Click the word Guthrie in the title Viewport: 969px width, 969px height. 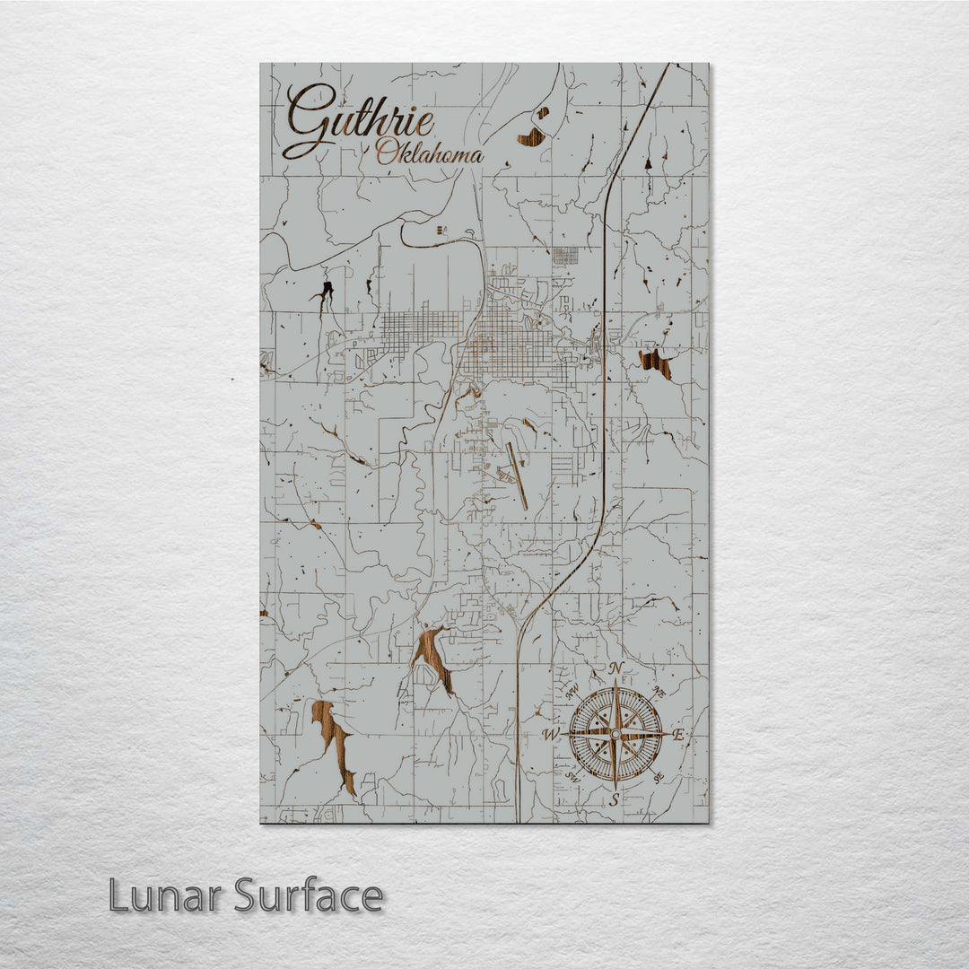click(359, 122)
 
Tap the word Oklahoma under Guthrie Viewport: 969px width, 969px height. click(429, 153)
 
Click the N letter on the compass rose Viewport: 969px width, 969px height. click(616, 668)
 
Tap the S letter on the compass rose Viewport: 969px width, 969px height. click(615, 799)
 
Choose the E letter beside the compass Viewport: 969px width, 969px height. click(679, 735)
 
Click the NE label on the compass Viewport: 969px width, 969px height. click(659, 691)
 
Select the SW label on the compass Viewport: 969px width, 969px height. click(572, 778)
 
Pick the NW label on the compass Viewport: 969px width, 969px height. click(572, 692)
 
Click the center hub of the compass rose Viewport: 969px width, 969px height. click(615, 734)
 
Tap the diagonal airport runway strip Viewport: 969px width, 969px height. click(516, 476)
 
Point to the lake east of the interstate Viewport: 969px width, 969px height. click(655, 363)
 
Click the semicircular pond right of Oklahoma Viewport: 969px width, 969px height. click(532, 136)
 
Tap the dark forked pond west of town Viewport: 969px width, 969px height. click(324, 292)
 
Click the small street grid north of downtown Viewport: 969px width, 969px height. click(565, 256)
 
